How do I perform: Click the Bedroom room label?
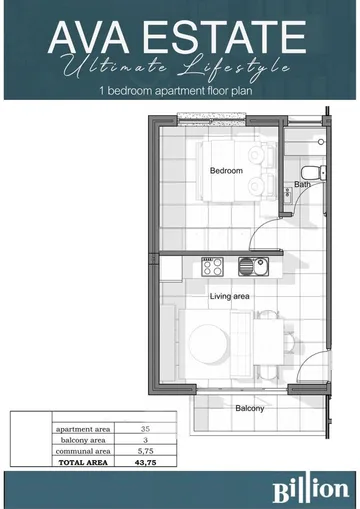point(226,171)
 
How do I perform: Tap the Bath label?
point(302,184)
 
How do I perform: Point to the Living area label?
point(230,296)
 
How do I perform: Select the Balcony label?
point(250,408)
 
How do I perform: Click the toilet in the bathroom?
point(314,173)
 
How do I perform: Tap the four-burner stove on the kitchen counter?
point(212,267)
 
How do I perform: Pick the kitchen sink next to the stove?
point(253,267)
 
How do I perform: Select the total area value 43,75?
point(145,462)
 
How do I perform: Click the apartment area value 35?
point(145,429)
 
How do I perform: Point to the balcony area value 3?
point(146,440)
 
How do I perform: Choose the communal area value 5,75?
point(145,451)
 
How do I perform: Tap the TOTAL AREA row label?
point(83,462)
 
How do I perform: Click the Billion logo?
point(311,490)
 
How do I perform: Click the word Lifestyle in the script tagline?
point(233,68)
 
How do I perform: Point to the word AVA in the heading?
point(89,37)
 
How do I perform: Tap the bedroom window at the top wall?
point(212,119)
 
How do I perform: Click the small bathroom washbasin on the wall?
point(289,196)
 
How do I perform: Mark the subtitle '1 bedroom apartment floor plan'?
point(176,90)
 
